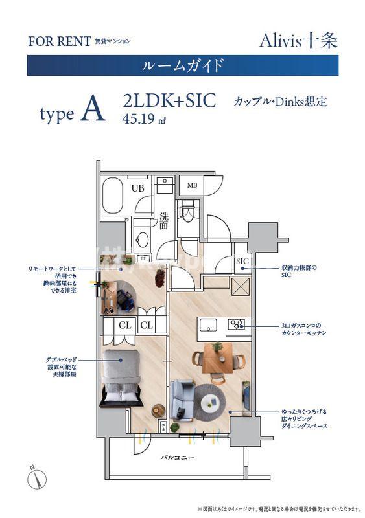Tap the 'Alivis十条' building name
tap(298, 40)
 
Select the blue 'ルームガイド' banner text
tap(182, 65)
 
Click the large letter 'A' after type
tap(93, 112)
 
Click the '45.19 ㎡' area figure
tap(144, 118)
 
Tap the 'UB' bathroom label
tap(138, 188)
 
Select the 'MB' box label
tap(192, 186)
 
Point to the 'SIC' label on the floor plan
tap(243, 261)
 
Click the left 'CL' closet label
tap(125, 325)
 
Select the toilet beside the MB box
tap(188, 210)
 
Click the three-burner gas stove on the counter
tap(236, 323)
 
